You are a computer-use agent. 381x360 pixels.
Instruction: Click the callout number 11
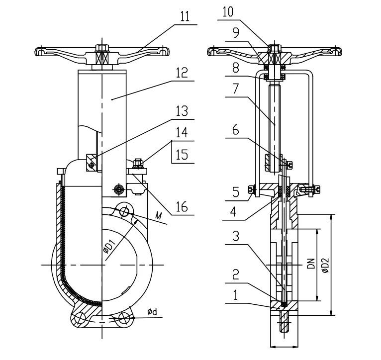[185, 17]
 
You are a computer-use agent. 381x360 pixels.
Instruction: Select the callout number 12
[182, 73]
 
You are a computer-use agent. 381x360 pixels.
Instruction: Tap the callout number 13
[182, 111]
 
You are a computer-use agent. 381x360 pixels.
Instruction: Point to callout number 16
[182, 207]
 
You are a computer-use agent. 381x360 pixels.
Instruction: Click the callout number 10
[228, 12]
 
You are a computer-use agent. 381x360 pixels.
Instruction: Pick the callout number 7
[235, 89]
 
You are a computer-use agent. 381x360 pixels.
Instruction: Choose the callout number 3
[236, 236]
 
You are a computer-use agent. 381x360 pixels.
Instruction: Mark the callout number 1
[235, 295]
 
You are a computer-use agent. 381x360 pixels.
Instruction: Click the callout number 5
[236, 192]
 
